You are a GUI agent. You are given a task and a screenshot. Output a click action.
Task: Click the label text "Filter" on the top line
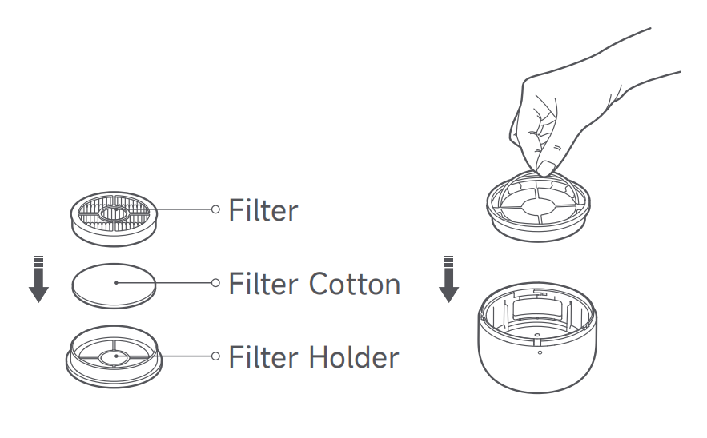coord(263,209)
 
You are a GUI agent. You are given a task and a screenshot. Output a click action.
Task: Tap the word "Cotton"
coord(355,284)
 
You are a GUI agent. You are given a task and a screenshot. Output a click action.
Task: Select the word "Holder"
coord(354,357)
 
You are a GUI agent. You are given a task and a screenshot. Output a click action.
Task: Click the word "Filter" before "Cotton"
coord(263,284)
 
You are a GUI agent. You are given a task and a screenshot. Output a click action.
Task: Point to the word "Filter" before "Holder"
coord(263,357)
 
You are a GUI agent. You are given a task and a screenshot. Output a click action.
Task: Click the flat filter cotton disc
coord(114,286)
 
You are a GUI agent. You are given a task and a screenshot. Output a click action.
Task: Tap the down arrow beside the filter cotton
coord(38,279)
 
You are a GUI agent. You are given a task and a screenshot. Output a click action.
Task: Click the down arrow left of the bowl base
coord(448,279)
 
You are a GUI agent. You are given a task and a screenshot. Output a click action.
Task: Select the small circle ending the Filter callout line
coord(215,209)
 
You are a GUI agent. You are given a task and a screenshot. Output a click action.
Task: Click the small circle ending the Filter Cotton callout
coord(215,283)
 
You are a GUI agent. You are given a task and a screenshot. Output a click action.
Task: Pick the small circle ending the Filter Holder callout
coord(215,356)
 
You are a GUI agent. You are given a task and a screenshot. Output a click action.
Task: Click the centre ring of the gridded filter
coord(114,213)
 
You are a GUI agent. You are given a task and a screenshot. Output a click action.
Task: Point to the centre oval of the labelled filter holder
coord(114,358)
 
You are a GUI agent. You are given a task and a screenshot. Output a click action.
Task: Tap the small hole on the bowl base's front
coord(540,353)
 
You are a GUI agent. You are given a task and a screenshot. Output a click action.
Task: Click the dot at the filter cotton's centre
coord(116,283)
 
